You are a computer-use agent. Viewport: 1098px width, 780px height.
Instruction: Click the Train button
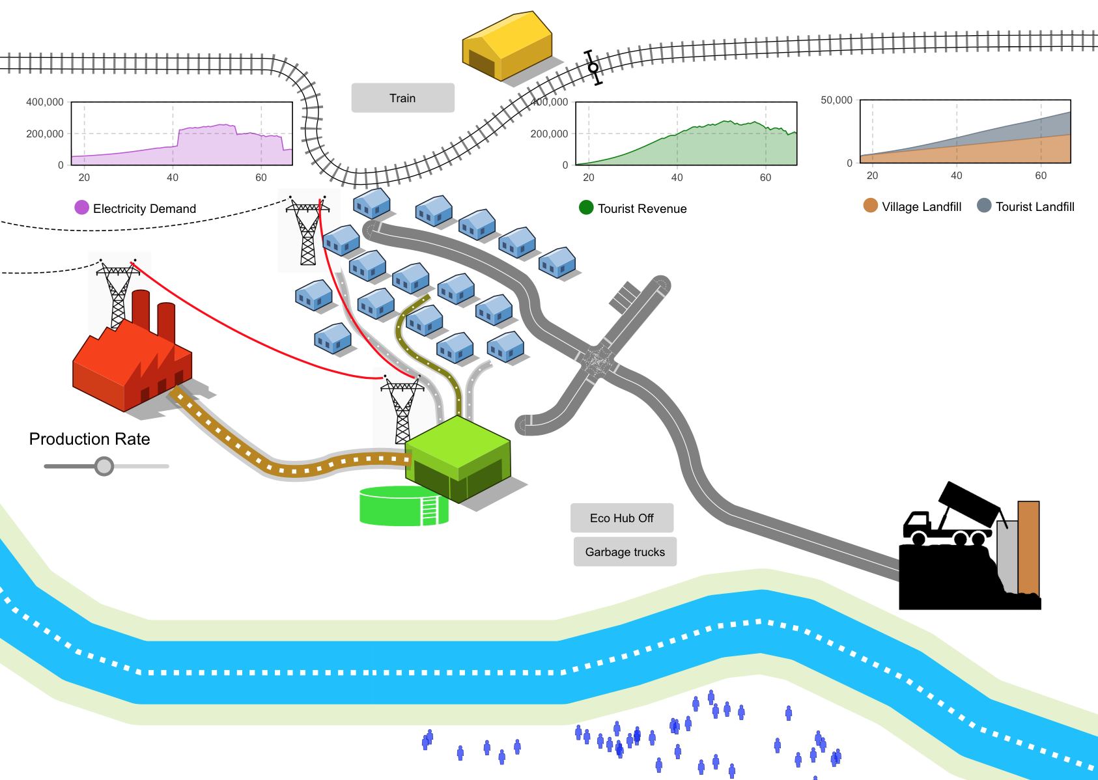[x=402, y=98]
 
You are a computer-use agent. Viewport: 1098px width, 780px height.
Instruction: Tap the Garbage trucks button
[x=625, y=551]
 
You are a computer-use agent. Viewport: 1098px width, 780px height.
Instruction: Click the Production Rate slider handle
[x=104, y=466]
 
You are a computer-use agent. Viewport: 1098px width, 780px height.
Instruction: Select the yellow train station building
[x=507, y=47]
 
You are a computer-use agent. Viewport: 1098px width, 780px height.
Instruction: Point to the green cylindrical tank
[x=403, y=506]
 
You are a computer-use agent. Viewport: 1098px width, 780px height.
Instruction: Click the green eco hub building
[x=458, y=458]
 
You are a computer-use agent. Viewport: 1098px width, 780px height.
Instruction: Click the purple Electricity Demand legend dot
[x=81, y=208]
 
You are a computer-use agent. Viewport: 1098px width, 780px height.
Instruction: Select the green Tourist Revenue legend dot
[x=586, y=208]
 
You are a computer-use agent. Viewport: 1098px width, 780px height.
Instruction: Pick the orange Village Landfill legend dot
[x=870, y=206]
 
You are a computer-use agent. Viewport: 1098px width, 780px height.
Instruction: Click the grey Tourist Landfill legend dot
[x=984, y=206]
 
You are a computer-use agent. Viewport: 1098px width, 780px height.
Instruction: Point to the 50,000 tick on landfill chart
[x=836, y=100]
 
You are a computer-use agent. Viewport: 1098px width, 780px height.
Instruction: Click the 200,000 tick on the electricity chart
[x=45, y=133]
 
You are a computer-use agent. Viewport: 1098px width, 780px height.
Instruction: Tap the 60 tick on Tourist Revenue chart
[x=765, y=177]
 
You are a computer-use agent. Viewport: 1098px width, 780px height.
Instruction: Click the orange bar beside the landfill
[x=1028, y=547]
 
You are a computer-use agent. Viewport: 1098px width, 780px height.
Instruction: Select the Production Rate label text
[x=89, y=439]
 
